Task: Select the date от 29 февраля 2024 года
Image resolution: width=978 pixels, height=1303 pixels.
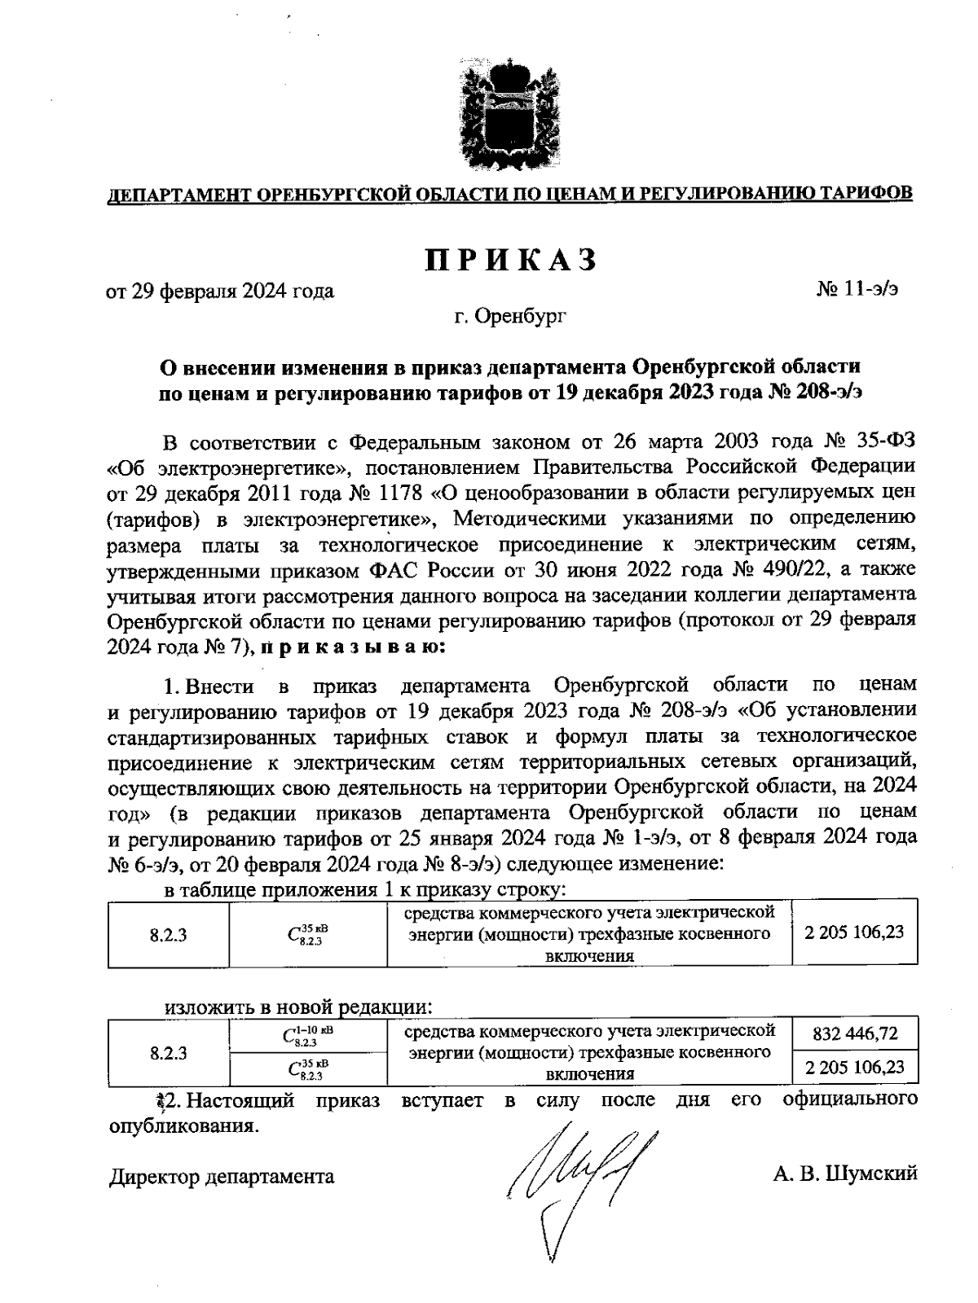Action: pos(221,291)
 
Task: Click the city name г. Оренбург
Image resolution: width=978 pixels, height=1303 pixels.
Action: pos(510,315)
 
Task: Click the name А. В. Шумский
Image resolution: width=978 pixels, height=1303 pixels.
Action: pos(846,1174)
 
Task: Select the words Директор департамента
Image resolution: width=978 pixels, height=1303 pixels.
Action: pos(222,1176)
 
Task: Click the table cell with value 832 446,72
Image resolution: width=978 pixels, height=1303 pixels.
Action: pos(855,1033)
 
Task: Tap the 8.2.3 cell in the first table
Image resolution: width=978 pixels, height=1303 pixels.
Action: pos(169,934)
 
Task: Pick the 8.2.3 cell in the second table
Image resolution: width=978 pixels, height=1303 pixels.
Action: pos(169,1052)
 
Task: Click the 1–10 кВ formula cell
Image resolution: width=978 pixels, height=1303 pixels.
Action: pos(308,1035)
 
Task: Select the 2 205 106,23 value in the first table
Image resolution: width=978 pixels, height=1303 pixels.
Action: pos(854,932)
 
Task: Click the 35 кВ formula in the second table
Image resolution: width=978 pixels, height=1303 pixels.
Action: pos(308,1068)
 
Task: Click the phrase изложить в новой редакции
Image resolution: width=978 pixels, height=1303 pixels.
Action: pos(297,1007)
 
